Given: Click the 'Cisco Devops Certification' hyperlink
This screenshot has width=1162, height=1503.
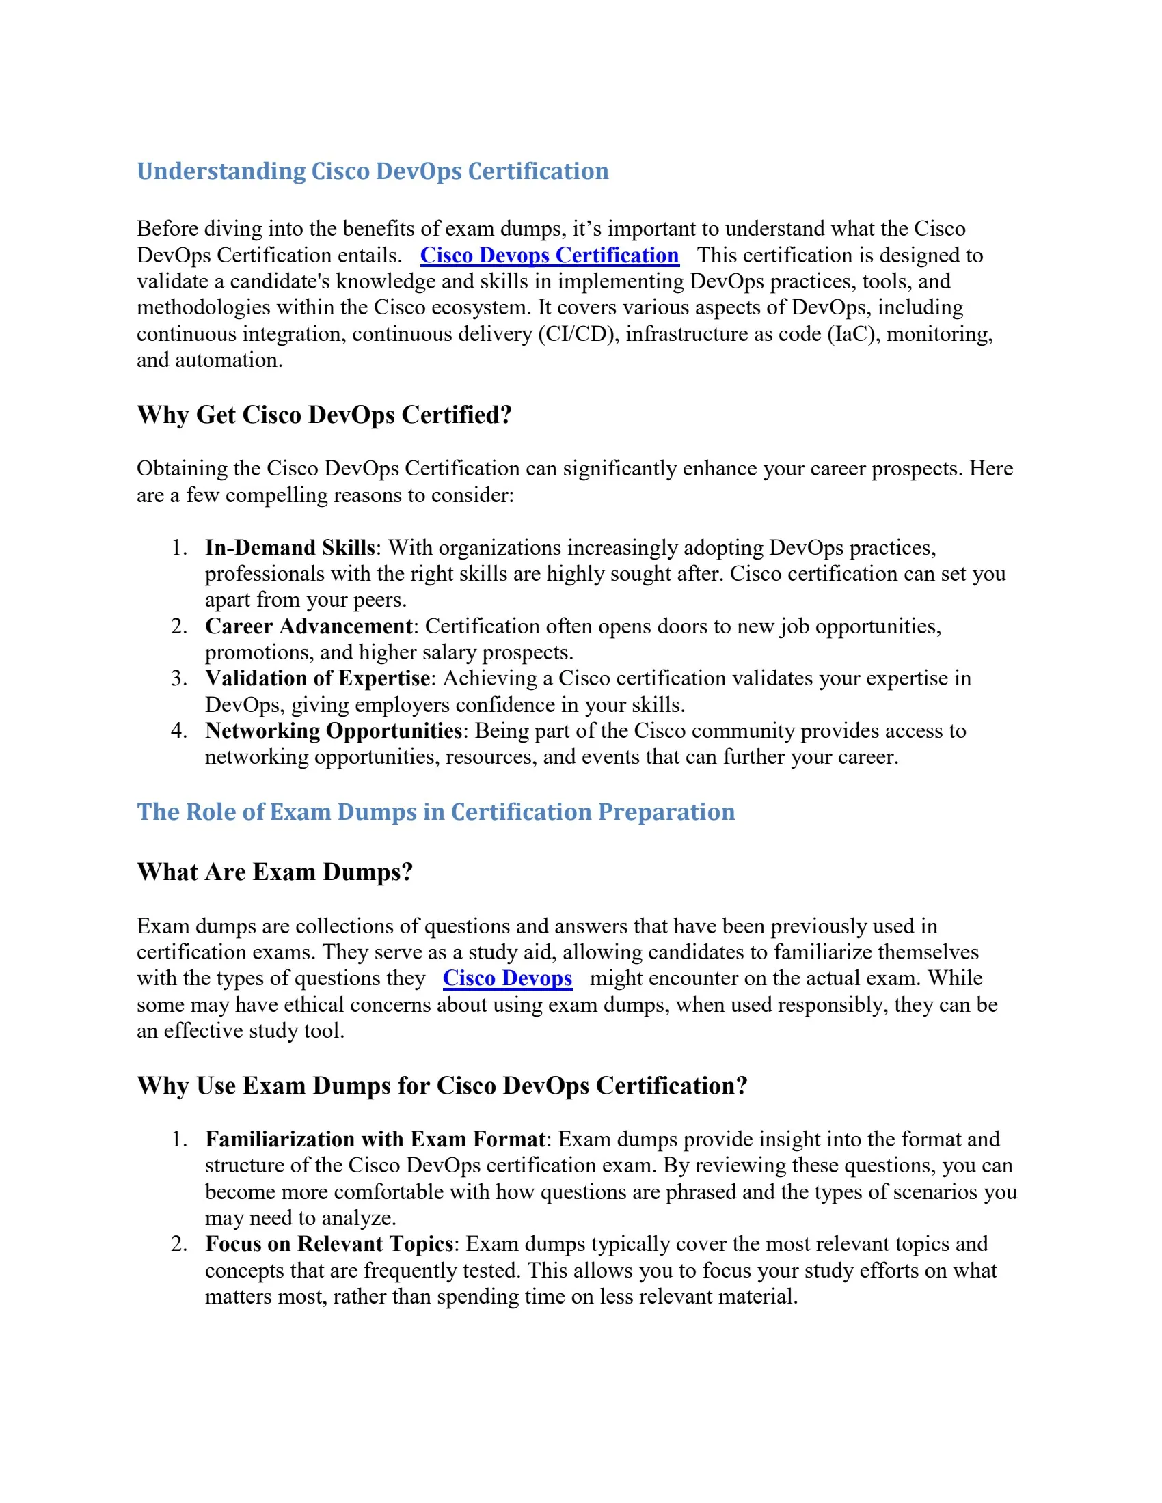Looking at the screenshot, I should coord(550,256).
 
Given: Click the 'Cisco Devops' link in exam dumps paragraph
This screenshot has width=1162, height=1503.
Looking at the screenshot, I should coord(507,978).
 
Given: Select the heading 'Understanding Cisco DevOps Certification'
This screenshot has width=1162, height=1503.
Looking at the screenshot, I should coord(373,171).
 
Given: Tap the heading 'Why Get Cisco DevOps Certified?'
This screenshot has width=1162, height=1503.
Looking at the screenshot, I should coord(324,414).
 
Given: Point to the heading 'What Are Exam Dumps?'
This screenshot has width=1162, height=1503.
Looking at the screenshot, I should coord(275,871).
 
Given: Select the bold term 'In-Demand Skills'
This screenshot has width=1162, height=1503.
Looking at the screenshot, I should coord(290,547).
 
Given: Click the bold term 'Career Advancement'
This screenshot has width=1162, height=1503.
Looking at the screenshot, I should coord(308,626).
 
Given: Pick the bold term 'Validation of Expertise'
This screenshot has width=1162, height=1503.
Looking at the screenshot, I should coord(317,678).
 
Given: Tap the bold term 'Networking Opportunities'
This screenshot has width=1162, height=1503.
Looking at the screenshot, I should coord(333,730).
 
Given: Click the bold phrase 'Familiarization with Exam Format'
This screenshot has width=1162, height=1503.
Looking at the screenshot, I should coord(375,1139).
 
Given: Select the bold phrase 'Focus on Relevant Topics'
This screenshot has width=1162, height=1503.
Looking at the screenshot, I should coord(329,1243).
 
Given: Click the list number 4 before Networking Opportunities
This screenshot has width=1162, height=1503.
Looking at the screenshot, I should coord(178,730).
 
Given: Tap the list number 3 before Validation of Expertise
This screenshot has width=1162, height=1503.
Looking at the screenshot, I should coord(178,678).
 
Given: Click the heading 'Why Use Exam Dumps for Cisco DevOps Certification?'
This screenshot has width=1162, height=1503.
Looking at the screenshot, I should coord(442,1086).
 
